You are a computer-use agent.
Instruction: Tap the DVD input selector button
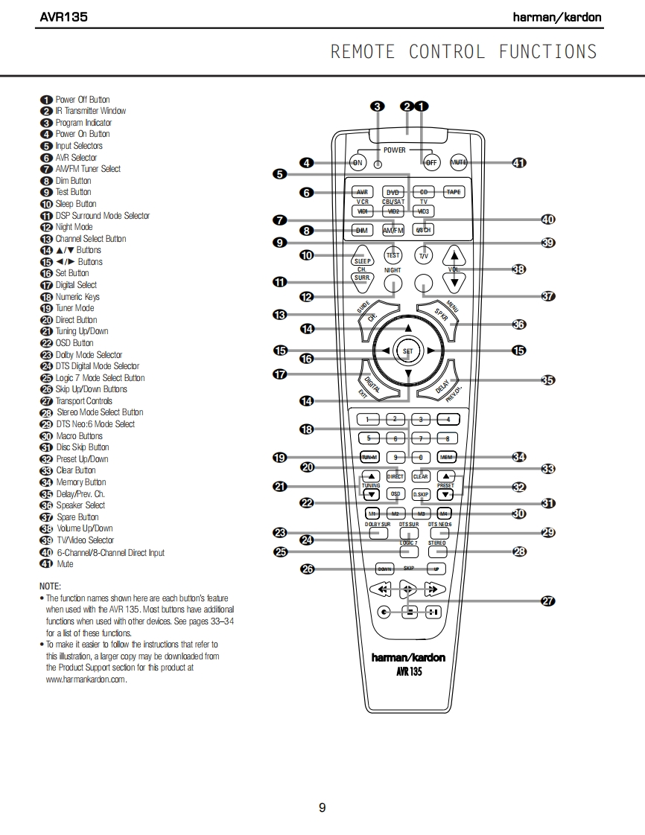point(393,192)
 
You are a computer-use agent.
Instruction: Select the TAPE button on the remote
point(453,192)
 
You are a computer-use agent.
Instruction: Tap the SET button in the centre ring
point(407,350)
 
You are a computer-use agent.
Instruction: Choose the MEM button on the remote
point(446,457)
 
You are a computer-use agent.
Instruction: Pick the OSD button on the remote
point(395,493)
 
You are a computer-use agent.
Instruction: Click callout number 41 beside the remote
point(519,162)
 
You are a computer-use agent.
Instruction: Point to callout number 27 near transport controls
point(547,601)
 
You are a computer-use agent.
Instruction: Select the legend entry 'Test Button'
point(73,192)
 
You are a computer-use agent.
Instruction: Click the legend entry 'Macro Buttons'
point(79,436)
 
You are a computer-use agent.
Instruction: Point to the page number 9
point(322,807)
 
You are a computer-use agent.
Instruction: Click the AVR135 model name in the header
point(63,16)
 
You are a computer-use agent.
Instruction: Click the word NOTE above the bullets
point(50,586)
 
